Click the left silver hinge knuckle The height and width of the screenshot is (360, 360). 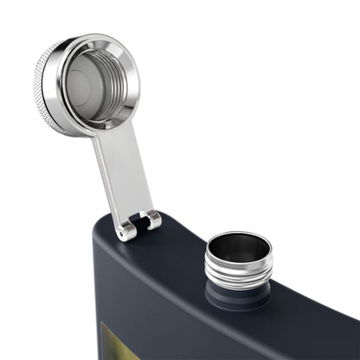pyautogui.click(x=126, y=229)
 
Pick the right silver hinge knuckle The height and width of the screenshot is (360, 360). pyautogui.click(x=152, y=220)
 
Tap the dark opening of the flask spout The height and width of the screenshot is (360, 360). pyautogui.click(x=239, y=247)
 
